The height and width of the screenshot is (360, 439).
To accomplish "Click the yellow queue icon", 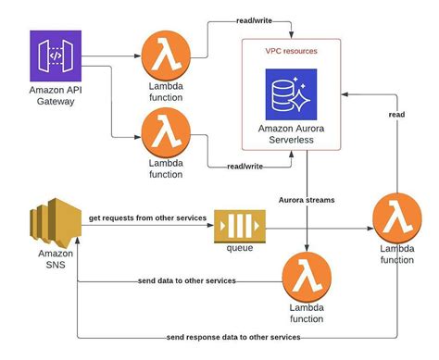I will (x=234, y=227).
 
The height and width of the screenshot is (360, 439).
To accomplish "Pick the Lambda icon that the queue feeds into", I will (x=396, y=218).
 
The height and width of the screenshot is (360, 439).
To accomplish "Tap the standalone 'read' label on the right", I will (x=395, y=114).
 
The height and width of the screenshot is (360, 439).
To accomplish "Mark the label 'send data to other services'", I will (x=185, y=279).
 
